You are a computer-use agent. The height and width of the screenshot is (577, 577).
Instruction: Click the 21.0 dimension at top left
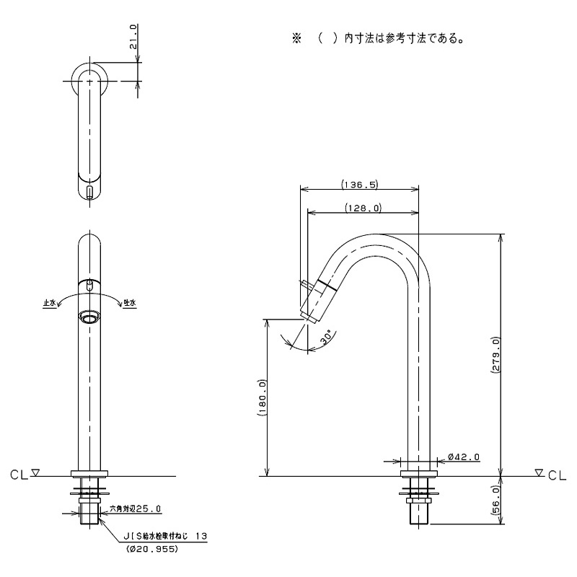tap(133, 37)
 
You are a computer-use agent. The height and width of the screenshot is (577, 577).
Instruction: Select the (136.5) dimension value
tap(359, 185)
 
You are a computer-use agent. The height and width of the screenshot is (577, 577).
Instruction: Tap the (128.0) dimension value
tap(364, 208)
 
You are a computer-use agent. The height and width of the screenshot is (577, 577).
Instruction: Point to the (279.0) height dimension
tap(495, 355)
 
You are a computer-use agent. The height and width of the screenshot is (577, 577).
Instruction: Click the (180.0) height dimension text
tap(262, 397)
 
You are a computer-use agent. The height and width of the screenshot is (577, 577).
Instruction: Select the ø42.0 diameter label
tap(464, 457)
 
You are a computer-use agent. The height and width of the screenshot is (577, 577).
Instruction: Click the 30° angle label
tap(327, 337)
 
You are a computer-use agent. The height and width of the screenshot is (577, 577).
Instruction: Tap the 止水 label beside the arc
tap(49, 303)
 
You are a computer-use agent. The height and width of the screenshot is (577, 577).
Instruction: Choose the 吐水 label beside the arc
tap(131, 303)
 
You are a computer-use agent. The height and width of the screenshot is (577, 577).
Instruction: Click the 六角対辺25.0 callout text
tap(136, 509)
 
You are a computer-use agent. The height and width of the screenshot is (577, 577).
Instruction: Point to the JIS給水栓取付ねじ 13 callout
tap(164, 536)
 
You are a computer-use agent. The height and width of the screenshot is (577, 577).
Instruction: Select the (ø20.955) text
tap(152, 549)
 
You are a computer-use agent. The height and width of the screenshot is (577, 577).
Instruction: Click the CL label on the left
tap(19, 475)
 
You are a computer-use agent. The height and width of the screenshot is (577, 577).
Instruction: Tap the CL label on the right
tap(557, 475)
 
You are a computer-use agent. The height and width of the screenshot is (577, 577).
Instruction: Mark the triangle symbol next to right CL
tap(539, 472)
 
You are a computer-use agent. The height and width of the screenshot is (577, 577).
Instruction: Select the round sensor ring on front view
tap(89, 317)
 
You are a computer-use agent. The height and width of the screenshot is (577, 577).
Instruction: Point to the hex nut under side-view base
tap(418, 501)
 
